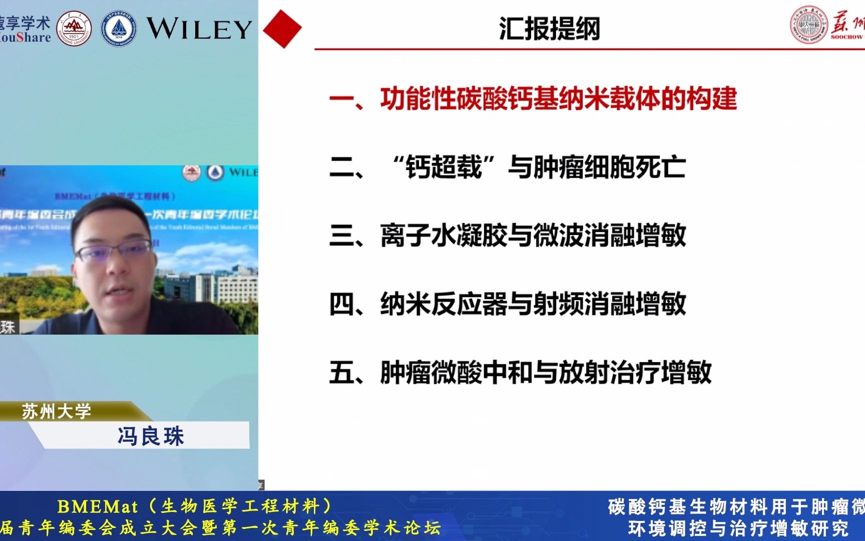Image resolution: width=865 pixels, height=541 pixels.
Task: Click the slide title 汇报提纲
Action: point(549,29)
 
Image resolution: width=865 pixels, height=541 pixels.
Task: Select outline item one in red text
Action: point(533,98)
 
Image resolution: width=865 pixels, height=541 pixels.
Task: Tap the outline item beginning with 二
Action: point(507,167)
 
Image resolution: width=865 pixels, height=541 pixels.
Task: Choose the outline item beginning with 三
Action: point(507,235)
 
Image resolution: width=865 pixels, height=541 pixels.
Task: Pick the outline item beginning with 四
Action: point(507,304)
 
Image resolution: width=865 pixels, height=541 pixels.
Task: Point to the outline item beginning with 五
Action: point(520,373)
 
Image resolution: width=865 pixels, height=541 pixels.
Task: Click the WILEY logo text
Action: point(199,29)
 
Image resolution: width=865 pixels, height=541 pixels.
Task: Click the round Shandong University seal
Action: point(74,29)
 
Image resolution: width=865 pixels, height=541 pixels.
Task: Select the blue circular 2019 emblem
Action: point(119,29)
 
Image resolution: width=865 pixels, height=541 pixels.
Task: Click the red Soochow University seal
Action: point(808,25)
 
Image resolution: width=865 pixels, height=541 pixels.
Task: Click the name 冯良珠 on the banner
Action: point(151,436)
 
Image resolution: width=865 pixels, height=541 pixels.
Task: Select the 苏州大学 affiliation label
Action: point(56,412)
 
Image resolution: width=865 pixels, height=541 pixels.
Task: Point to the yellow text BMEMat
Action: point(98,507)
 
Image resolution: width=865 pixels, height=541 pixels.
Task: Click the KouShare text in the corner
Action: point(25,38)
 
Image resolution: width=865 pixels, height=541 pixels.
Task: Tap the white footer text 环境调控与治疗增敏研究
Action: point(738,528)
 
